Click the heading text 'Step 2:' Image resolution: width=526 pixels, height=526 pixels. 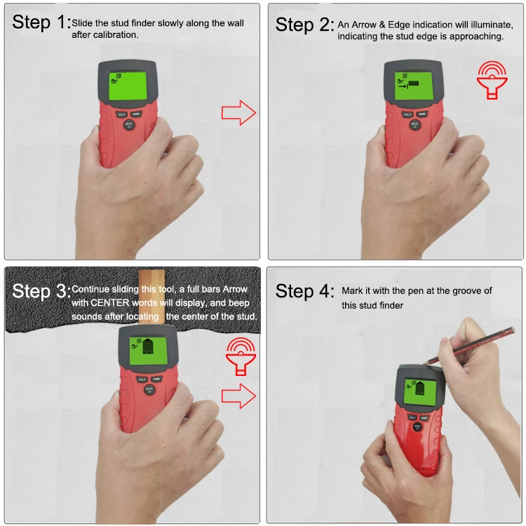pos(304,25)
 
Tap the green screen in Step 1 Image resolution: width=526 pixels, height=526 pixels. pos(126,86)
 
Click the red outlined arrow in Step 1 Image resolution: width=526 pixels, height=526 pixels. pos(238,112)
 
